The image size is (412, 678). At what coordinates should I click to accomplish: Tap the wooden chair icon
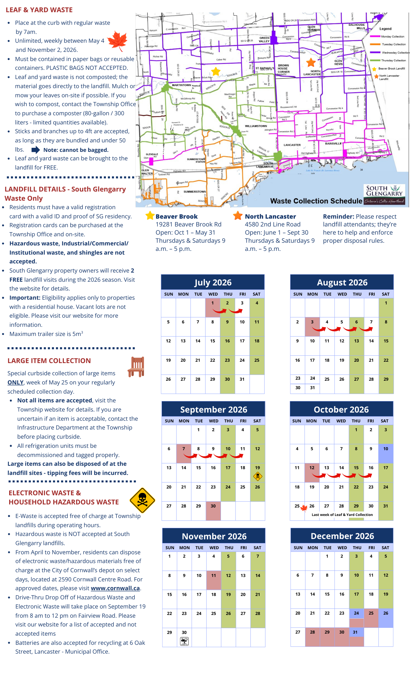[136, 366]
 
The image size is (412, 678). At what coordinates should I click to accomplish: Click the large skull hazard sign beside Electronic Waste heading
[142, 500]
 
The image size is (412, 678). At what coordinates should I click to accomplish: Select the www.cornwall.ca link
[115, 588]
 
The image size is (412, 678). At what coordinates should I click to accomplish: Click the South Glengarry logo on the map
[385, 195]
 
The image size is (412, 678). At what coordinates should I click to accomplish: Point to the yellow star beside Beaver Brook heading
[150, 216]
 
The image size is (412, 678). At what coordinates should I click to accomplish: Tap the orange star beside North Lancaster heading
[238, 216]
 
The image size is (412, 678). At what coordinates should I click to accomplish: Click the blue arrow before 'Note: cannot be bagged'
[36, 150]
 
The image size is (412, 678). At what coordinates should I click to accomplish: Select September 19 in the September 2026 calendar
[258, 468]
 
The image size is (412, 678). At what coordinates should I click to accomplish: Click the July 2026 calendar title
[213, 282]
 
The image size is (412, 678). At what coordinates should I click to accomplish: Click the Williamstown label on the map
[256, 126]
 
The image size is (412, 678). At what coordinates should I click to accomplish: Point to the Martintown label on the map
[181, 85]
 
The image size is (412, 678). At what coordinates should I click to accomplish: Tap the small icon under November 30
[184, 641]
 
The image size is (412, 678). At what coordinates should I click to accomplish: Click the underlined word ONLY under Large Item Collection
[15, 382]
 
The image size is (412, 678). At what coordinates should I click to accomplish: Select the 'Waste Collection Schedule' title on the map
[316, 201]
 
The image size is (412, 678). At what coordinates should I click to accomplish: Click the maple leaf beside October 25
[304, 508]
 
